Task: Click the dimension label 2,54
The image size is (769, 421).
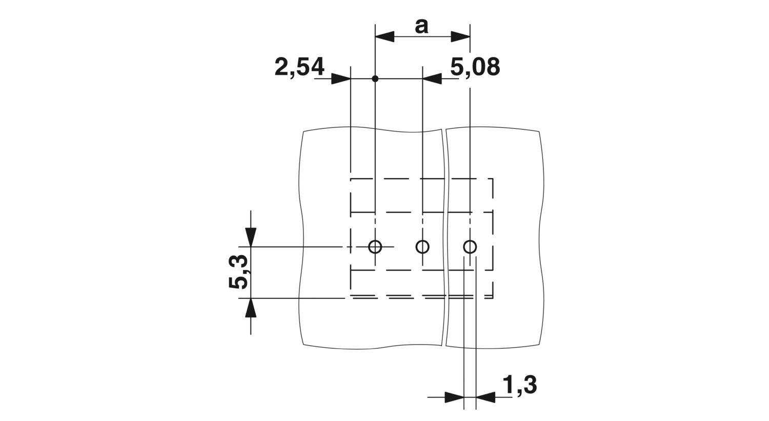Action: coord(299,67)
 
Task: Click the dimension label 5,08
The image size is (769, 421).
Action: coord(475,67)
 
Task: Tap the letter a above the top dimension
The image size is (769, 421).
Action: coord(421,27)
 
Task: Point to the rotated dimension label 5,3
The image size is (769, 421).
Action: coord(237,272)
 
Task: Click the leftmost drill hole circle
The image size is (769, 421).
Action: coord(375,246)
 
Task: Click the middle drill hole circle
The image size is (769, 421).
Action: coord(422,246)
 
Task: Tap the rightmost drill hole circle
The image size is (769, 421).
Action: coord(470,246)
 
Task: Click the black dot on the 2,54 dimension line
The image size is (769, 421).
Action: coord(375,79)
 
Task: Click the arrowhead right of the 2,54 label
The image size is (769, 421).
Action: coord(341,79)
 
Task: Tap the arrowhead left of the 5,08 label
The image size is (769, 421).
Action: coord(432,79)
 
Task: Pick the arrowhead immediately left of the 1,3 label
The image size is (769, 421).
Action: coord(485,397)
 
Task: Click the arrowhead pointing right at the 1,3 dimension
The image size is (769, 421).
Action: coord(454,397)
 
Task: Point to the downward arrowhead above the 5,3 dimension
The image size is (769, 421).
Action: coord(251,237)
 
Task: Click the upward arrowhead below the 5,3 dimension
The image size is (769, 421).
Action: coord(251,308)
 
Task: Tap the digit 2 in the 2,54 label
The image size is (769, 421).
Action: coord(281,67)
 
